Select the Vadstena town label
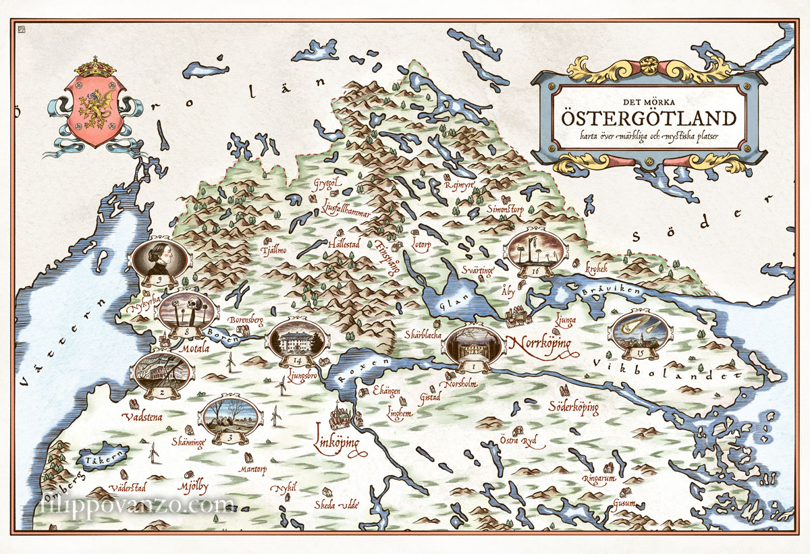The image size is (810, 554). pos(142,417)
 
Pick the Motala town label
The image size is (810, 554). pos(196,350)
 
